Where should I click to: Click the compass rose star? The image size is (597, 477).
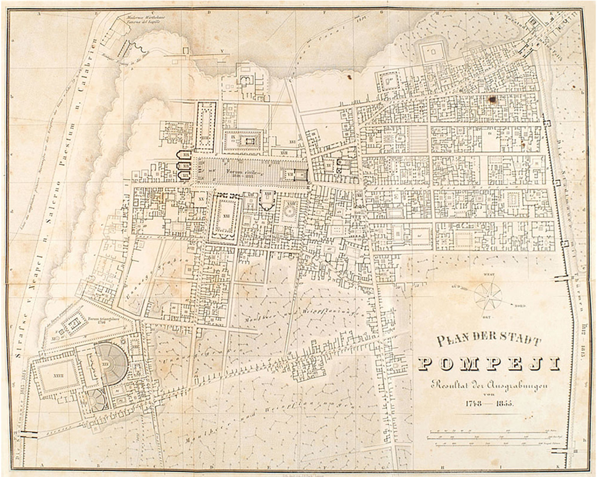tap(488, 296)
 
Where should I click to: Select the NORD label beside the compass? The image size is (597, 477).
tap(520, 306)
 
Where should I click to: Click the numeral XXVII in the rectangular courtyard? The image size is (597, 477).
tap(58, 374)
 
